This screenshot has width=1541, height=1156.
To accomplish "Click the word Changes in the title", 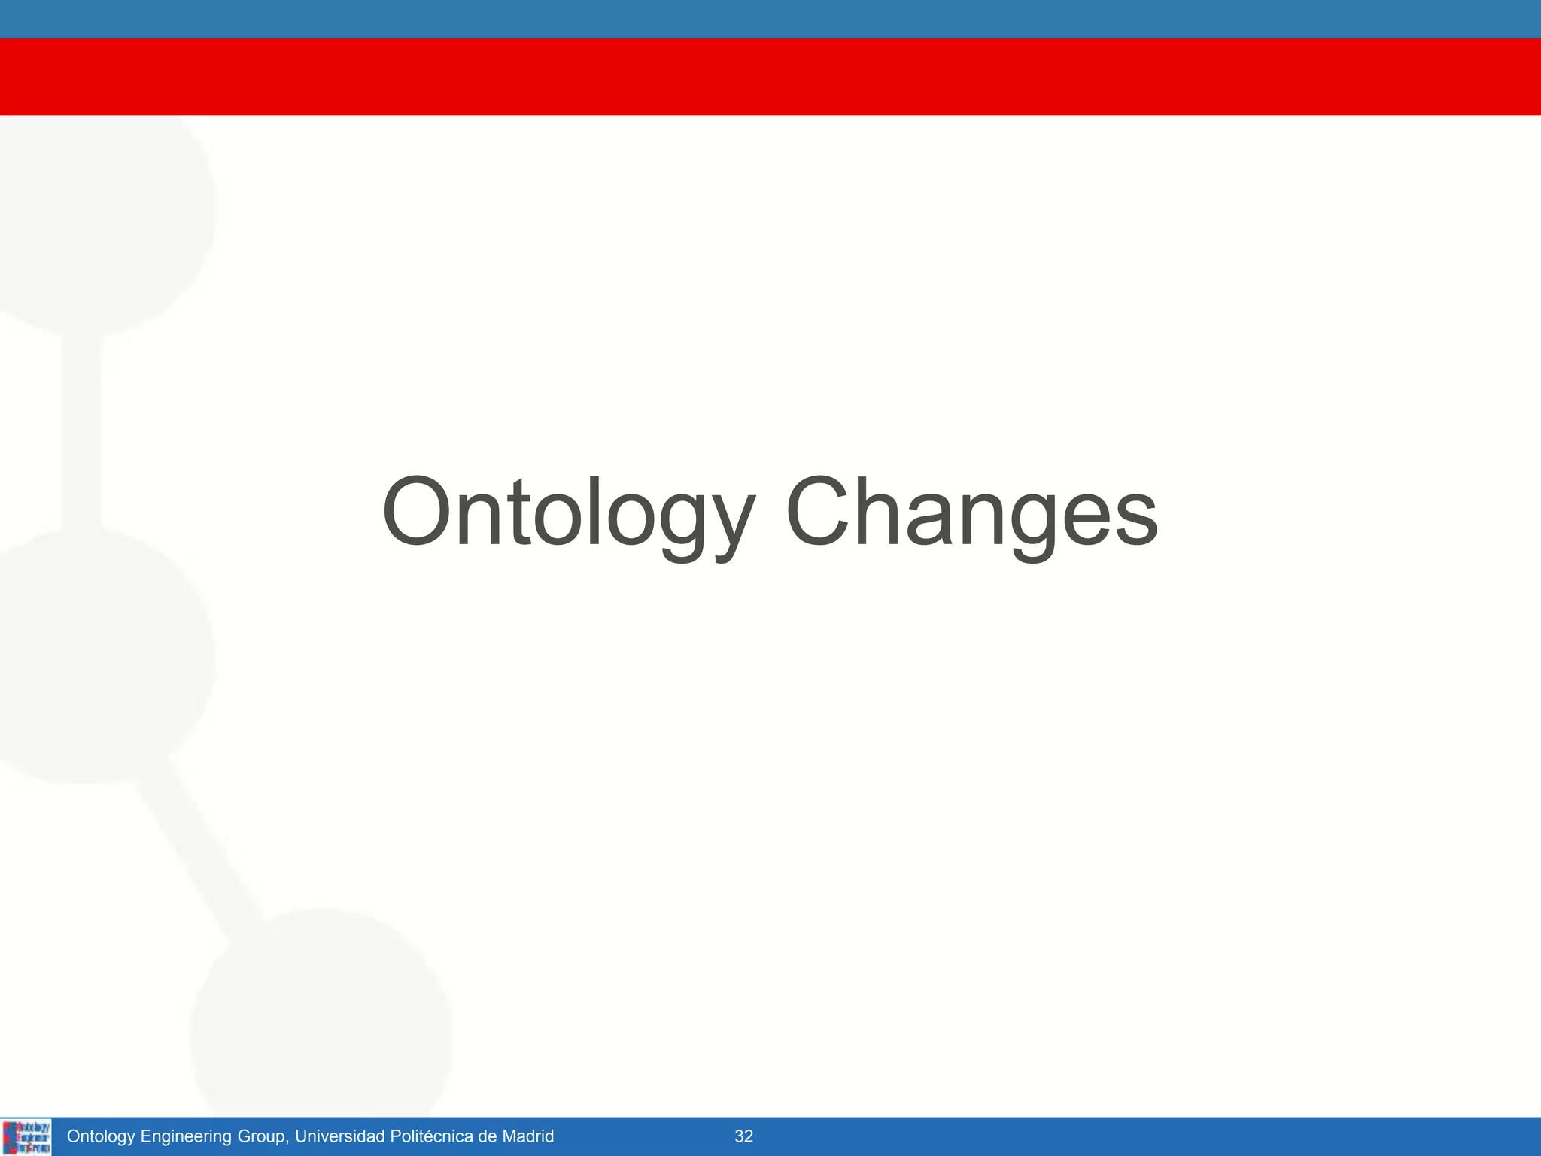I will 971,513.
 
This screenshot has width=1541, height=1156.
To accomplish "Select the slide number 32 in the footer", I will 743,1136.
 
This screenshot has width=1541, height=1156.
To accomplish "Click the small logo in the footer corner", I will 27,1136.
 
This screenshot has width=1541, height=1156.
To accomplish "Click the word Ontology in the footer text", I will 100,1136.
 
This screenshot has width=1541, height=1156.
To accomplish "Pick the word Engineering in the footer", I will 186,1136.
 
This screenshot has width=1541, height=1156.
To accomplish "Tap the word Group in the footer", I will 261,1136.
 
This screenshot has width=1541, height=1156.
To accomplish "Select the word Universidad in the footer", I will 339,1136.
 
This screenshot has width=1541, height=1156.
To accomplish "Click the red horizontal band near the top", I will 770,76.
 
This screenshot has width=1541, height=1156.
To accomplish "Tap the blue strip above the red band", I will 770,19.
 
